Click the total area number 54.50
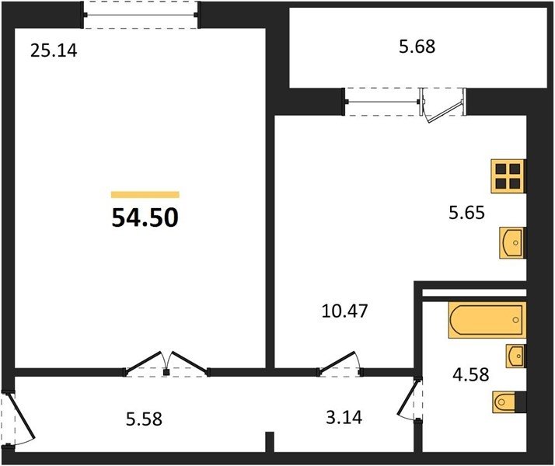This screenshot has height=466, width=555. pos(145,217)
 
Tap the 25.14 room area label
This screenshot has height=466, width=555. pos(54,50)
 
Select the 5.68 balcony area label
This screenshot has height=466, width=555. pos(417,47)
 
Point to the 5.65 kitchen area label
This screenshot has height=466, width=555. pos(466,213)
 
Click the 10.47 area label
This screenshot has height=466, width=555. pos(345,311)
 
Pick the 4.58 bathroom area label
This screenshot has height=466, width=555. pos(471,374)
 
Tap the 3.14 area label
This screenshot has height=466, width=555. pos(344,418)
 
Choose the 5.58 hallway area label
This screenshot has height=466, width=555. pos(144,419)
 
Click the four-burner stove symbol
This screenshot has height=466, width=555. pos(508,176)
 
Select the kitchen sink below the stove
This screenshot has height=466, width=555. pos(512,242)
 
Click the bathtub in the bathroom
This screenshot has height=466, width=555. pos(487,320)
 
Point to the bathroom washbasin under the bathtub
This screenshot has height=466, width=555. pos(515,356)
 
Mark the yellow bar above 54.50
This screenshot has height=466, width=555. pos(145,194)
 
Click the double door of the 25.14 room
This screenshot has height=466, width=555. pos(166,364)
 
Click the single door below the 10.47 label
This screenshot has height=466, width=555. pos(340,364)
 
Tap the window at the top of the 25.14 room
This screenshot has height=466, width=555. pos(141,15)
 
